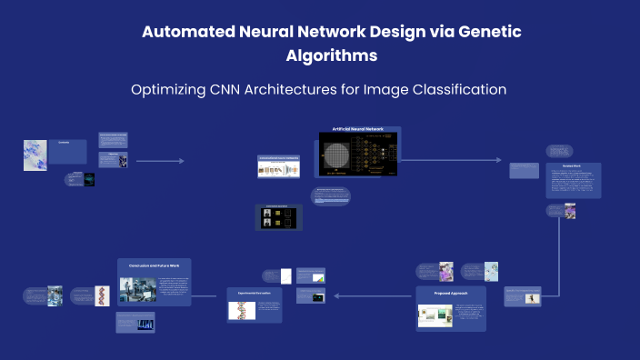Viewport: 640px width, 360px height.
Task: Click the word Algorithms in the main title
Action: [331, 55]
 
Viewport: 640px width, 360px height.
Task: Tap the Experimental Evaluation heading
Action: [255, 295]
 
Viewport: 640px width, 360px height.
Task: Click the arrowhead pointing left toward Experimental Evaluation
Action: [336, 295]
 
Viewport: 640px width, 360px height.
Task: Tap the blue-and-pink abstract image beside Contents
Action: [35, 155]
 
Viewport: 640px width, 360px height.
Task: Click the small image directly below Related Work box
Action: [569, 211]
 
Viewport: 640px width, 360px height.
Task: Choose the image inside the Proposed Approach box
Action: [435, 315]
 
